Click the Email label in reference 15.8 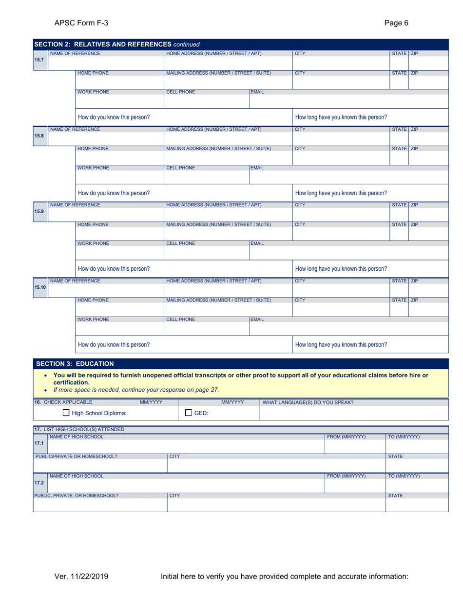point(257,167)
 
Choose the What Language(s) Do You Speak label point(308,402)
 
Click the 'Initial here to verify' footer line point(284,577)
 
